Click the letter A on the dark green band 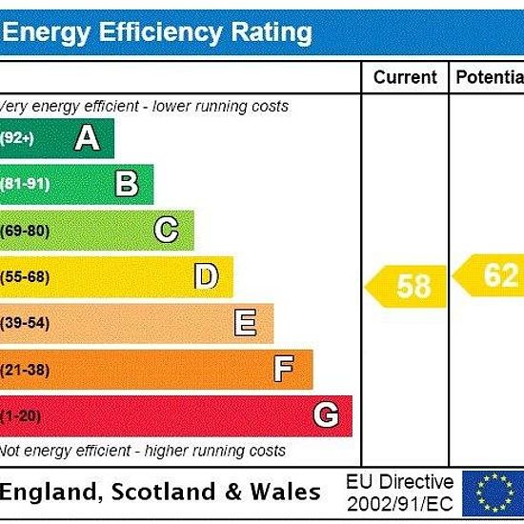coord(88,137)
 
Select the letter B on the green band coord(127,183)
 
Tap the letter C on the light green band coord(166,230)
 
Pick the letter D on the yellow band coord(207,275)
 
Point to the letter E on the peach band coord(245,322)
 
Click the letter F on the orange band coord(284,369)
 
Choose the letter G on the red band coord(326,414)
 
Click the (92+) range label coord(17,138)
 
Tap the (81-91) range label coord(25,184)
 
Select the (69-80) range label coord(25,231)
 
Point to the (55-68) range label coord(25,276)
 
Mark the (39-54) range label coord(25,323)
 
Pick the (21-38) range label coord(25,370)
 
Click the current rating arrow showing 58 coord(406,286)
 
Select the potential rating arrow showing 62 coord(488,275)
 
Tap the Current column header coord(405,77)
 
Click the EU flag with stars coord(494,493)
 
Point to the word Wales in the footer coord(286,492)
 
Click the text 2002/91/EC coord(400,504)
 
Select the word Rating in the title coord(272,33)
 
